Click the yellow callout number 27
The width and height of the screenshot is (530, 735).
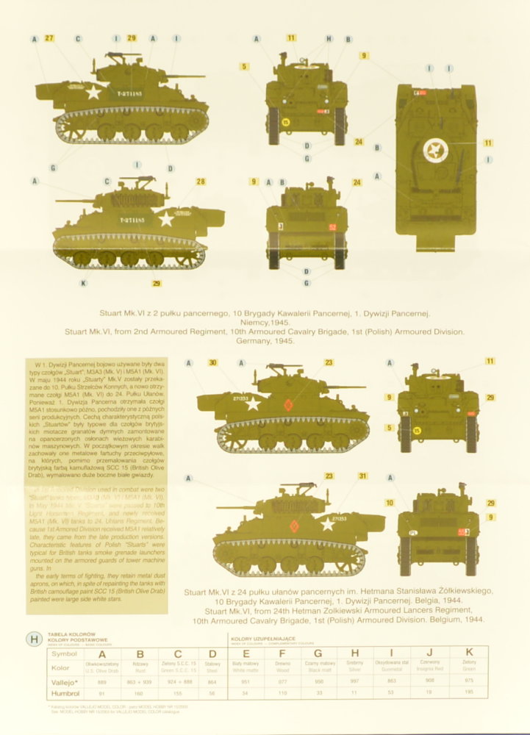click(x=49, y=37)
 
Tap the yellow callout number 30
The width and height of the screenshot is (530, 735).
click(x=213, y=362)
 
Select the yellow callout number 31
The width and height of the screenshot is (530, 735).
click(x=362, y=476)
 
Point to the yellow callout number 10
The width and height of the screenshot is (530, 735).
click(x=390, y=503)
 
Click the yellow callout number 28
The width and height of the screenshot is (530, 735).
click(x=201, y=182)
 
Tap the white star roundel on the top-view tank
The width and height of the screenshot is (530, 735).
click(x=436, y=151)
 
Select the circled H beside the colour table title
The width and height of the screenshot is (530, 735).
click(x=34, y=639)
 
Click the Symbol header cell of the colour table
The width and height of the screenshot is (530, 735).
click(x=61, y=653)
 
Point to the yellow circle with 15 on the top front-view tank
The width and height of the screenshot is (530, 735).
click(x=286, y=122)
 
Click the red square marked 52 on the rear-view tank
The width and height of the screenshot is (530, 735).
click(x=332, y=228)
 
